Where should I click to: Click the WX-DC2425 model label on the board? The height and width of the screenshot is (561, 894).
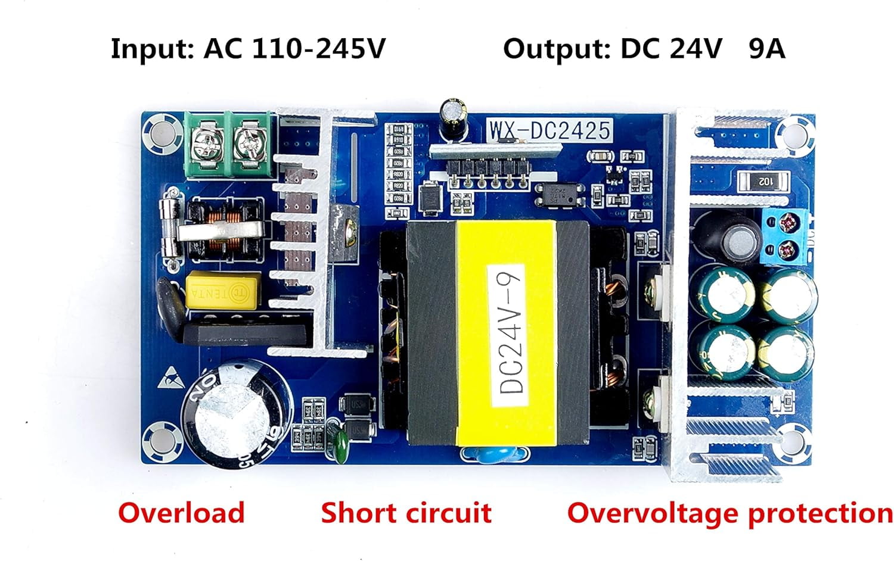pyautogui.click(x=550, y=130)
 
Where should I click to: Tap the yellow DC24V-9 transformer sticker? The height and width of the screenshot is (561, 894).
pyautogui.click(x=507, y=334)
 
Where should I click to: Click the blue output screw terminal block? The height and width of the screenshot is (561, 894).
pyautogui.click(x=786, y=237)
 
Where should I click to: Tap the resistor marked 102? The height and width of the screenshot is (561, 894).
pyautogui.click(x=763, y=180)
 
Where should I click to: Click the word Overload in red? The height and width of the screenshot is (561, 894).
pyautogui.click(x=181, y=513)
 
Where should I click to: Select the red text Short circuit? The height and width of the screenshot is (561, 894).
pyautogui.click(x=406, y=513)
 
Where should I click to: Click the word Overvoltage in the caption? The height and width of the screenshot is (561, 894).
pyautogui.click(x=654, y=513)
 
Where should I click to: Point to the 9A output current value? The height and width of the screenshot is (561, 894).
pyautogui.click(x=766, y=48)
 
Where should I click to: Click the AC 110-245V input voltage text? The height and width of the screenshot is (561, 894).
pyautogui.click(x=294, y=48)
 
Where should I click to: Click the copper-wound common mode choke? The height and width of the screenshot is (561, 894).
pyautogui.click(x=225, y=230)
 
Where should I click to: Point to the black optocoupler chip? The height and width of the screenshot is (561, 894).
pyautogui.click(x=558, y=194)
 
